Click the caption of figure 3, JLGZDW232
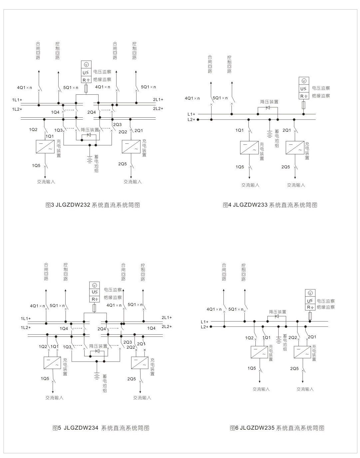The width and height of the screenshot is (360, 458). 92,205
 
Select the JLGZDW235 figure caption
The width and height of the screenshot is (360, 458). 277,428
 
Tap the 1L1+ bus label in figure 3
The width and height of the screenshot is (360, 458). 17,100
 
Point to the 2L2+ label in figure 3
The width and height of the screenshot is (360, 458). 158,108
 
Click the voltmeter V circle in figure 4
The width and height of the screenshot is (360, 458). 303,81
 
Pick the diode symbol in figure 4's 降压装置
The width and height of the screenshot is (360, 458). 268,107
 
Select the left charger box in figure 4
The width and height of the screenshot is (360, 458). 249,148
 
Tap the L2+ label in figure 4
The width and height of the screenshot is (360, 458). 191,119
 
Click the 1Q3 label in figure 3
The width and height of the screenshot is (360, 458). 58,130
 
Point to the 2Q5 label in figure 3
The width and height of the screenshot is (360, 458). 122,164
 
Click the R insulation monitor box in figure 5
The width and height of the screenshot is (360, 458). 94,299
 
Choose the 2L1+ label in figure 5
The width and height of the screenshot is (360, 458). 167,317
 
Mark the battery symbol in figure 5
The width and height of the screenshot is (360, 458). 96,376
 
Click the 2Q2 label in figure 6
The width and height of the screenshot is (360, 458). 293,338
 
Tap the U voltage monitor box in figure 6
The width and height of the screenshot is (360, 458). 310,301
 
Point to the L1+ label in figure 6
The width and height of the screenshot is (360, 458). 204,322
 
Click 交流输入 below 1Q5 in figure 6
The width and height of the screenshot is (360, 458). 261,389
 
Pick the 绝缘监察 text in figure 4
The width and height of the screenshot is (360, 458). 321,96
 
